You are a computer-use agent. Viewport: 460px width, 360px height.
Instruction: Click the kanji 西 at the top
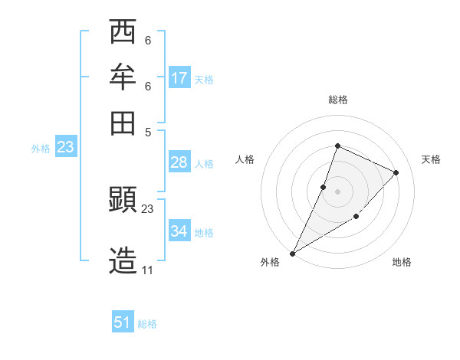point(123,32)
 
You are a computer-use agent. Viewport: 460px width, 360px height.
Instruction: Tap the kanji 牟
point(123,77)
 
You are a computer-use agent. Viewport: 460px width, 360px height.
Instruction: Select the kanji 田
point(123,121)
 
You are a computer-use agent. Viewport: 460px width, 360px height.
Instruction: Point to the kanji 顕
point(123,201)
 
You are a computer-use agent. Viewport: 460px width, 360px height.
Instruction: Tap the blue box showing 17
point(179,78)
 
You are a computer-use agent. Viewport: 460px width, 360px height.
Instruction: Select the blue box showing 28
point(179,162)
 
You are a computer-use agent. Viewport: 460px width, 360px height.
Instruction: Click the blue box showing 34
point(179,231)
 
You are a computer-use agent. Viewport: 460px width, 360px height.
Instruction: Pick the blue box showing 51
point(123,322)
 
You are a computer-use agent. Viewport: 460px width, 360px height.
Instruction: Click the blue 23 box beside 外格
point(65,147)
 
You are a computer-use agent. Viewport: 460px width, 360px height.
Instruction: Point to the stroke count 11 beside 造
point(147,270)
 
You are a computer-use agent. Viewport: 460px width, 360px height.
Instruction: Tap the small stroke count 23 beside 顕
point(148,208)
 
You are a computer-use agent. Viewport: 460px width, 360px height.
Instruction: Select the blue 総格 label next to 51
point(147,324)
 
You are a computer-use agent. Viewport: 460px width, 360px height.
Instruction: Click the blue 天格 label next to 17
point(204,80)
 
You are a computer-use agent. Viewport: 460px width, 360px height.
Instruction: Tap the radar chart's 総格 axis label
point(337,100)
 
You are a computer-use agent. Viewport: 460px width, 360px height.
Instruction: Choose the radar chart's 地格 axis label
point(402,262)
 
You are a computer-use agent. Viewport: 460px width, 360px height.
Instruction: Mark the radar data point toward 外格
point(293,253)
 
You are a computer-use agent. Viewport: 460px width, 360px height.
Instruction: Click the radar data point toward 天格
point(396,172)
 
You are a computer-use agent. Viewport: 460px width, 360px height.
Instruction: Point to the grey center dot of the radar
point(337,191)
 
